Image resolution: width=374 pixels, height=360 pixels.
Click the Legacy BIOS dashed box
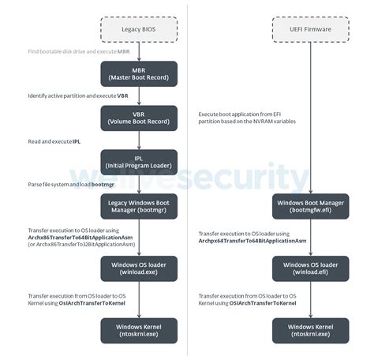[140, 29]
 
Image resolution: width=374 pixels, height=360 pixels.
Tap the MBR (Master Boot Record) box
[140, 73]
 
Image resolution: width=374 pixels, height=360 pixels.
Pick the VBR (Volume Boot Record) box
[140, 118]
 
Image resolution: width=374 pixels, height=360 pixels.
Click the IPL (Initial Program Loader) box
[140, 162]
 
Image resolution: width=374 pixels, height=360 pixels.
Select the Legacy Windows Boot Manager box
[140, 207]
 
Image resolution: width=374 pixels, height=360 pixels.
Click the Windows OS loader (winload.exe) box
[140, 268]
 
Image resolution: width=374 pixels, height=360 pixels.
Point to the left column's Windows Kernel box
[140, 330]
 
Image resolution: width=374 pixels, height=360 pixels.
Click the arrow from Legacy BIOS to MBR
[140, 51]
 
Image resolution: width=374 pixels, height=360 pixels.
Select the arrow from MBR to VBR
[140, 96]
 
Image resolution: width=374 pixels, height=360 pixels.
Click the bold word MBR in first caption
[124, 51]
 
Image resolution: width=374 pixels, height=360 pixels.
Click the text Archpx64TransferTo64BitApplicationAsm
[252, 240]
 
